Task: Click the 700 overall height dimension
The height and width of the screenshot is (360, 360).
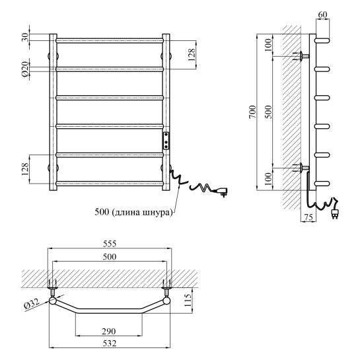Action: point(252,112)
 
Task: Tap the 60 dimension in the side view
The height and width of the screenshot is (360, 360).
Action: point(322,15)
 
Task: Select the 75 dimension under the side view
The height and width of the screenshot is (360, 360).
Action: point(308,217)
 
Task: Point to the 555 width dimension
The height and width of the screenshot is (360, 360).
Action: point(110,244)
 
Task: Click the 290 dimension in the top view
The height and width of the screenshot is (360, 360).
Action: point(109,332)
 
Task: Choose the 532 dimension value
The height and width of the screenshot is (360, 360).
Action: point(110,343)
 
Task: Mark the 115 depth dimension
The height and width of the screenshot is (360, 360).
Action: point(188,300)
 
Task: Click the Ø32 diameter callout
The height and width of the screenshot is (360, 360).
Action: point(32,305)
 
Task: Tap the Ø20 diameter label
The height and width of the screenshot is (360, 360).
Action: point(26,69)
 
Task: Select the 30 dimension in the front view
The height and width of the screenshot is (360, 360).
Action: point(26,37)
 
